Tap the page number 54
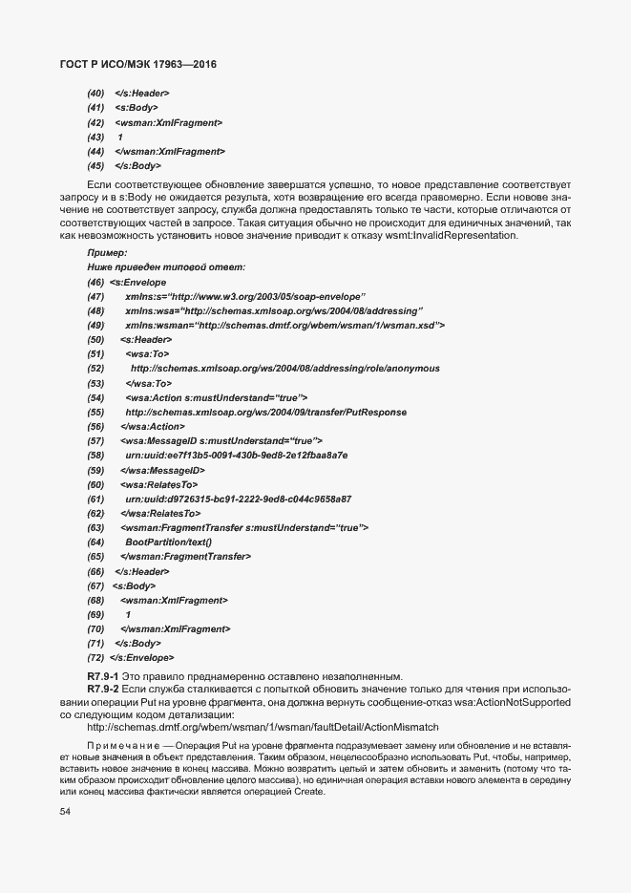click(x=66, y=812)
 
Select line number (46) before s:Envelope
click(x=95, y=283)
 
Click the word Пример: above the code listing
click(x=106, y=252)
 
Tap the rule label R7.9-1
click(x=102, y=676)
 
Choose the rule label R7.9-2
click(x=102, y=689)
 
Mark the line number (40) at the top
click(x=95, y=94)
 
